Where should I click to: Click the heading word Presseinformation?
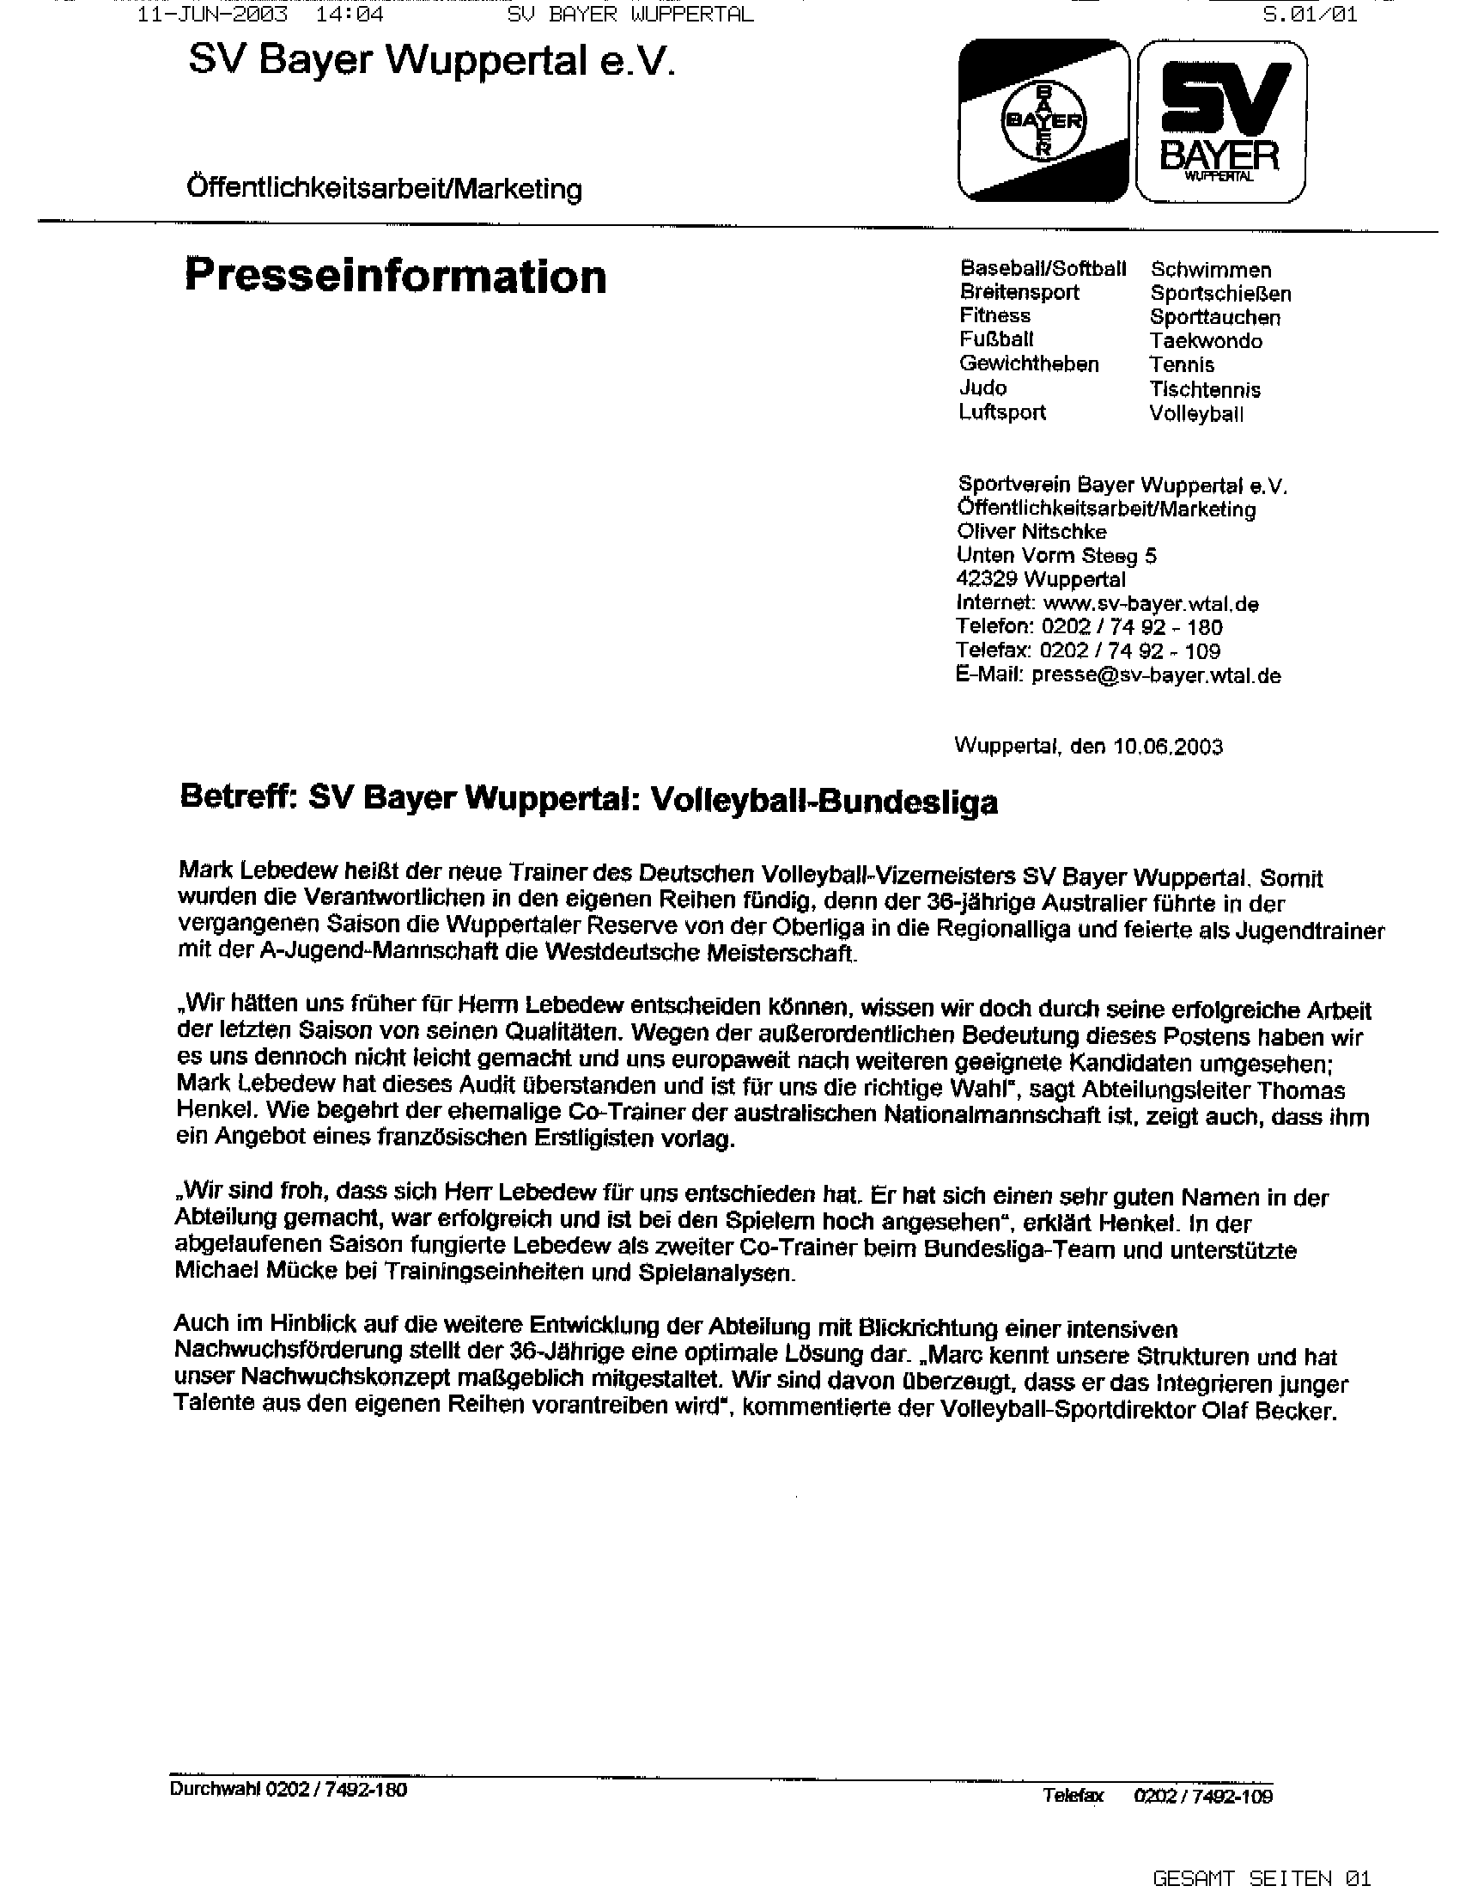395,277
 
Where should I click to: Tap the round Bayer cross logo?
1043,122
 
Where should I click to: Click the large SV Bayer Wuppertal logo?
1221,122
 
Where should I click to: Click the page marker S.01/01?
1311,15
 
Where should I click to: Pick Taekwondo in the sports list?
1205,342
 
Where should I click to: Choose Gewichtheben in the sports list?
1029,364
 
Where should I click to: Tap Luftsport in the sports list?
1002,412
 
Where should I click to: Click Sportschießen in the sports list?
1219,294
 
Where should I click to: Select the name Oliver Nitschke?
1031,532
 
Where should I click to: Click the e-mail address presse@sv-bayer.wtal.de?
1156,675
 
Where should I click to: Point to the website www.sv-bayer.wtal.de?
1151,603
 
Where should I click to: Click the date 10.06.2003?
1167,747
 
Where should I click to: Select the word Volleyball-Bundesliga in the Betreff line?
824,801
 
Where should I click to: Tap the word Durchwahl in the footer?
215,1791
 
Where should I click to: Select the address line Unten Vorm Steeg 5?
1055,555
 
